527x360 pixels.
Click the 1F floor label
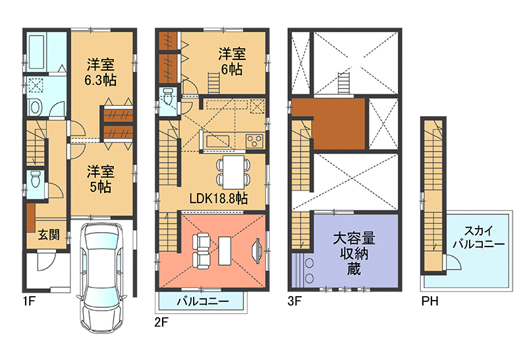click(x=29, y=301)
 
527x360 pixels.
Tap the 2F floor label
click(x=161, y=322)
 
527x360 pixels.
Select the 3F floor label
click(x=294, y=301)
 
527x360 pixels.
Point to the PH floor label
click(x=430, y=301)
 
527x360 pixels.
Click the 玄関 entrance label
click(x=49, y=235)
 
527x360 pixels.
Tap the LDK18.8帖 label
click(x=219, y=198)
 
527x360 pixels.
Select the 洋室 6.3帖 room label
click(x=101, y=73)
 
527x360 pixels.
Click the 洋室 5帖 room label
click(x=101, y=179)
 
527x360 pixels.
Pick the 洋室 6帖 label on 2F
click(x=232, y=61)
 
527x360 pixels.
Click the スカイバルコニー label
click(x=479, y=237)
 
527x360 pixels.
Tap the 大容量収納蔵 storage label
click(x=354, y=254)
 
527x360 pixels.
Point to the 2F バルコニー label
click(x=203, y=301)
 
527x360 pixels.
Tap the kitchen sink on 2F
click(x=217, y=141)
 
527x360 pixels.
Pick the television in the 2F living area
click(x=257, y=250)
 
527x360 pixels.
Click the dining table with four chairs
click(x=234, y=172)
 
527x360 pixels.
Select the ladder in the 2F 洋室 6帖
click(x=213, y=83)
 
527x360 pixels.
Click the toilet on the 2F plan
click(x=168, y=96)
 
